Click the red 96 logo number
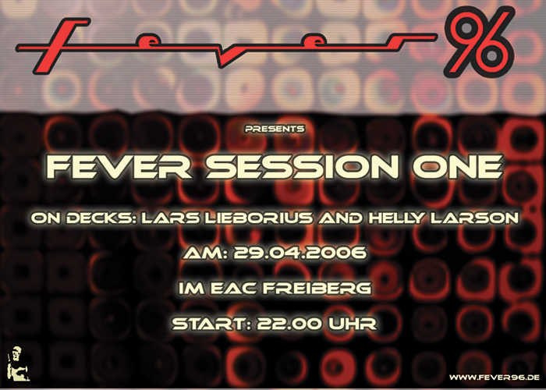click(479, 42)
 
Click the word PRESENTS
click(275, 129)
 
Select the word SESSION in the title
click(303, 167)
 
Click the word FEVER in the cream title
click(119, 167)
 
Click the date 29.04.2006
click(300, 253)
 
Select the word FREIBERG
click(316, 289)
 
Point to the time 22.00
click(289, 324)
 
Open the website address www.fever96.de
click(495, 378)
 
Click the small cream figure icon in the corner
click(18, 363)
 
